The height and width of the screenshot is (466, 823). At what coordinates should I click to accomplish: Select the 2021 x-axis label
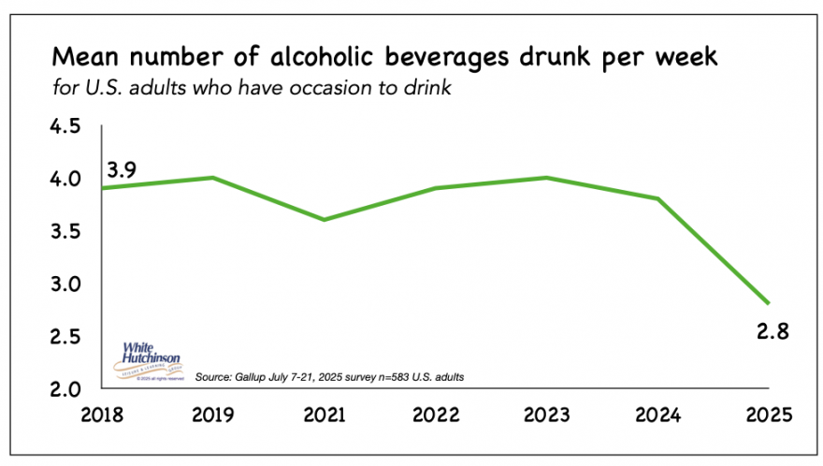[x=324, y=414]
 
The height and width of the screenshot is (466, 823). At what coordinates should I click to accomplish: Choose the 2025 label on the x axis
[x=771, y=414]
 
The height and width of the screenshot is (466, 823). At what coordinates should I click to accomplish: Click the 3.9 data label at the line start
[x=123, y=169]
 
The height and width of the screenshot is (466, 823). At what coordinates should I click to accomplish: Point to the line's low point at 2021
[x=324, y=220]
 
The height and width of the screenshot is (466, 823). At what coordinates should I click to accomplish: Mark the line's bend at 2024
[x=658, y=198]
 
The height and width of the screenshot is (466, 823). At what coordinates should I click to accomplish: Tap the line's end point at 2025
[x=770, y=303]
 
